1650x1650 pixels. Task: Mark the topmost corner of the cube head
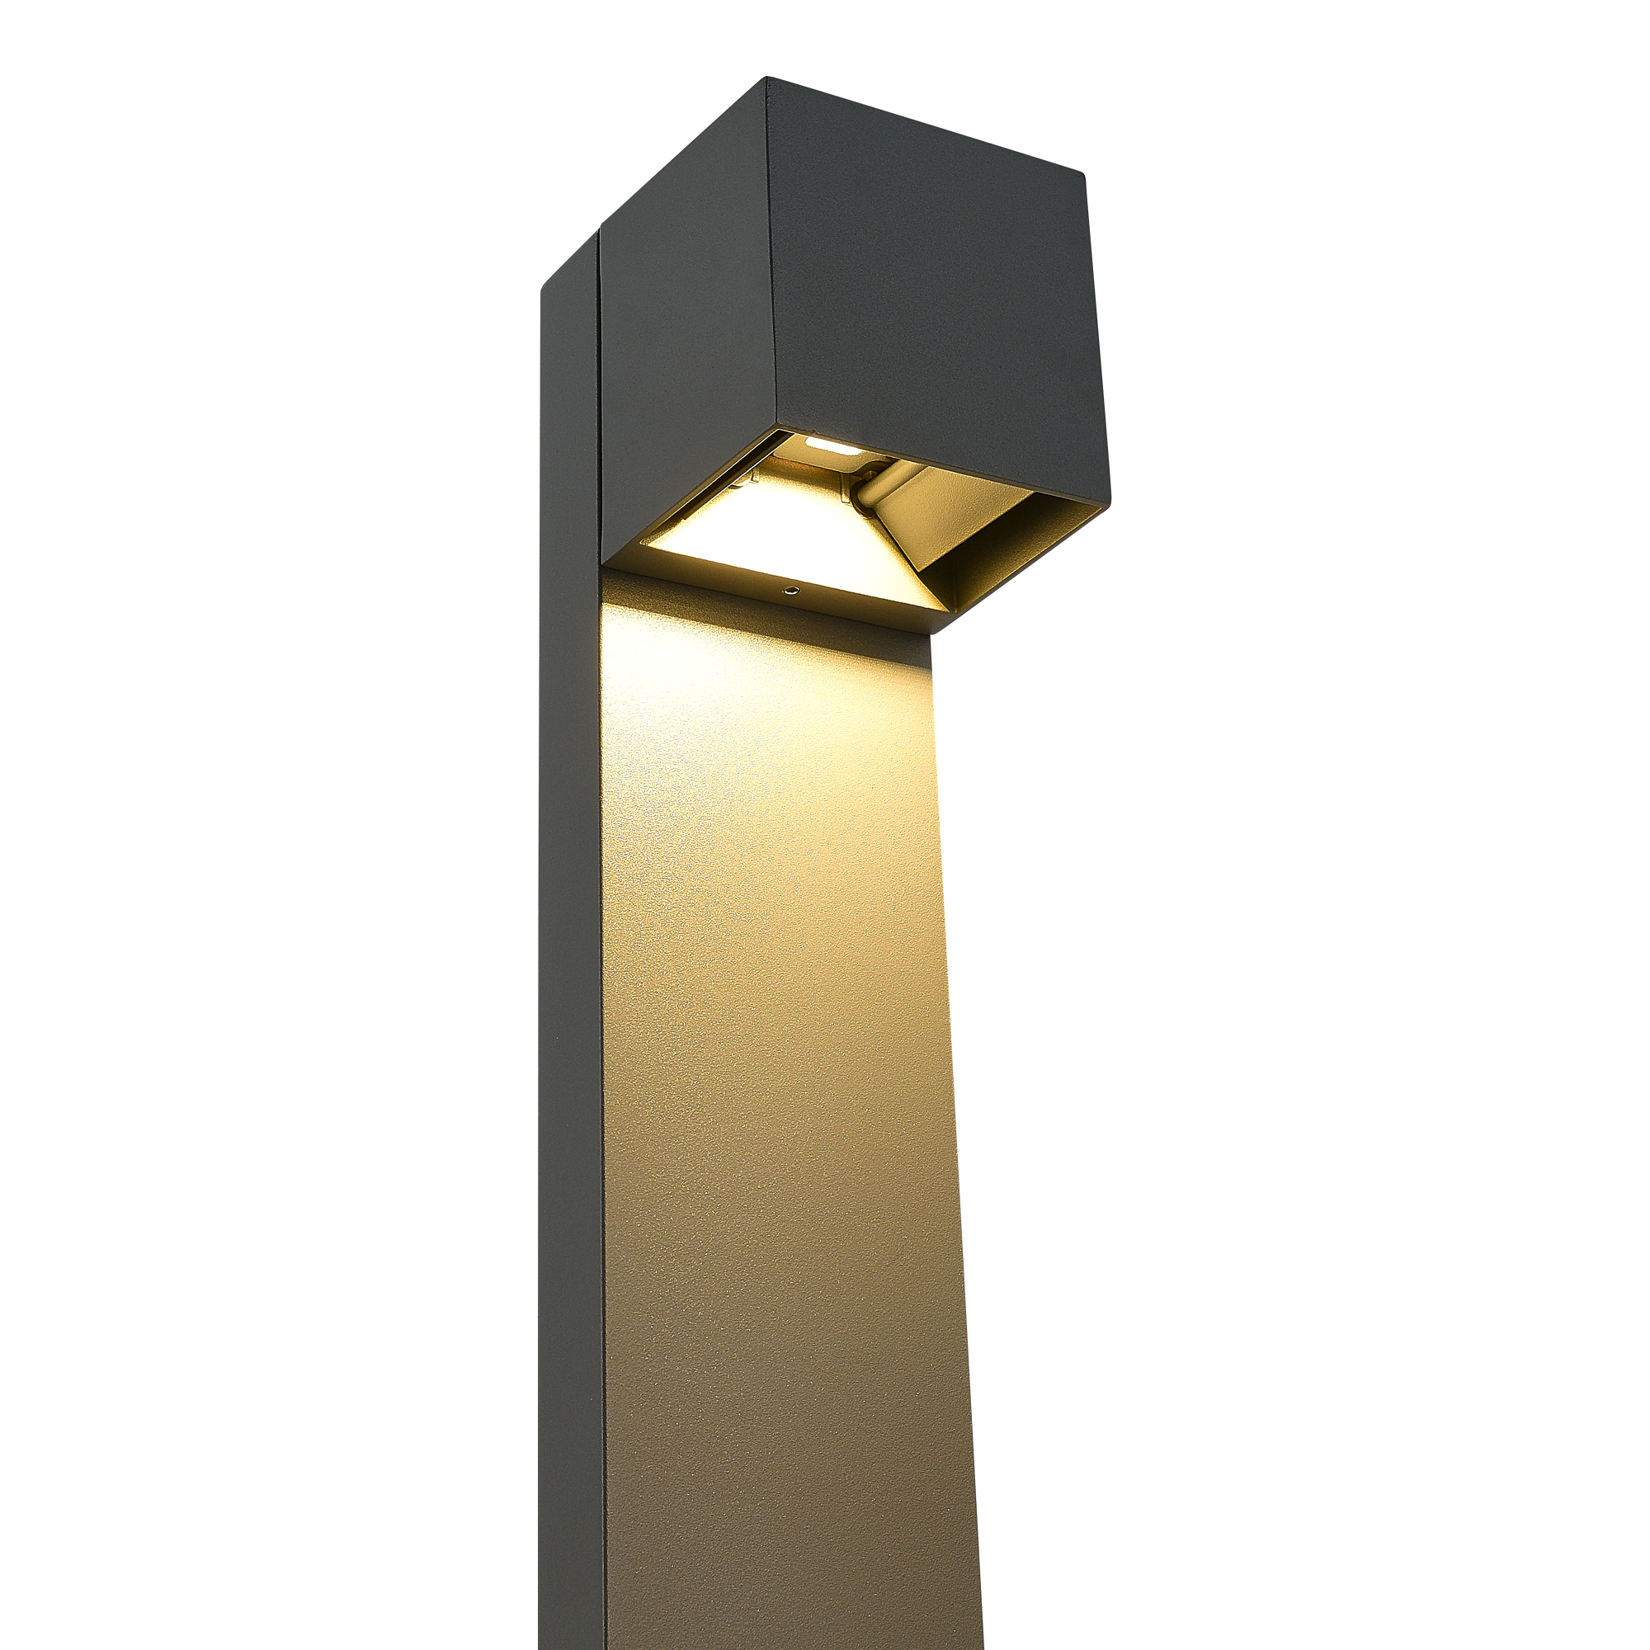click(767, 78)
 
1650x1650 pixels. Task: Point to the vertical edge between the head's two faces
click(771, 257)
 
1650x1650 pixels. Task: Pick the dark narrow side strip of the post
click(571, 940)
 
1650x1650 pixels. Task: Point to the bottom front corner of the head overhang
click(932, 633)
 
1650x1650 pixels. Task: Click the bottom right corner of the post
click(982, 1644)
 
